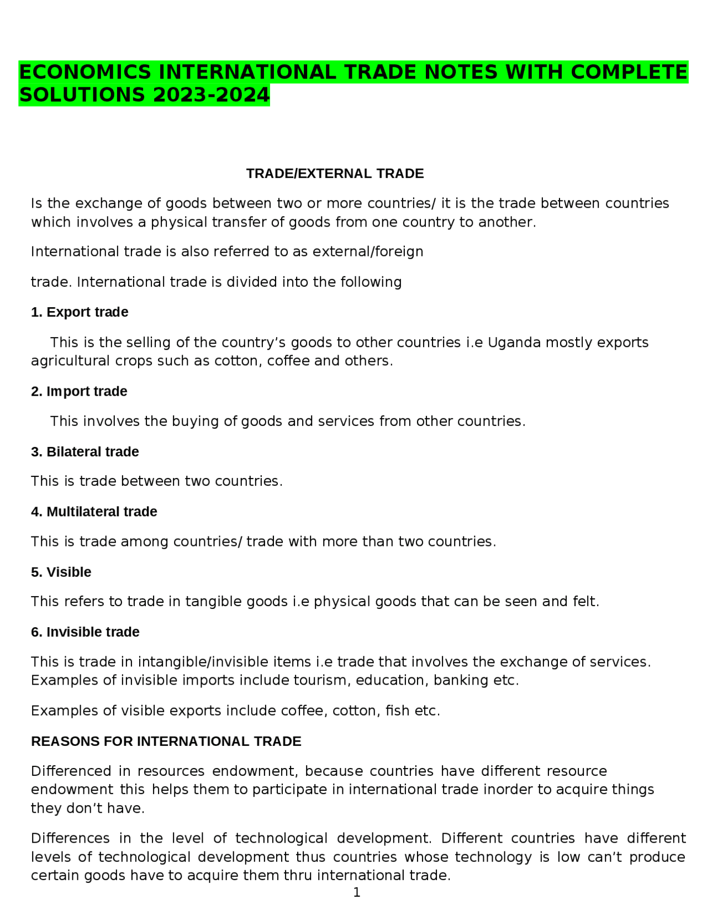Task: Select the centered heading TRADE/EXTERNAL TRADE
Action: pyautogui.click(x=335, y=173)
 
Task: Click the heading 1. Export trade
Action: pyautogui.click(x=80, y=312)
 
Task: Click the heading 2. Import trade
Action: pyautogui.click(x=79, y=391)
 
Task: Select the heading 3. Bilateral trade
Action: pyautogui.click(x=85, y=452)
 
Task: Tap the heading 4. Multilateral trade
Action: pyautogui.click(x=94, y=512)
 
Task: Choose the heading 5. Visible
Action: pyautogui.click(x=61, y=572)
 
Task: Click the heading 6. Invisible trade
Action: pyautogui.click(x=85, y=632)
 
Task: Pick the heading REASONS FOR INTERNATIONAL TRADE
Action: pyautogui.click(x=166, y=742)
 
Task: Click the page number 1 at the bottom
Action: pyautogui.click(x=356, y=892)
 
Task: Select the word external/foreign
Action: pyautogui.click(x=368, y=252)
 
